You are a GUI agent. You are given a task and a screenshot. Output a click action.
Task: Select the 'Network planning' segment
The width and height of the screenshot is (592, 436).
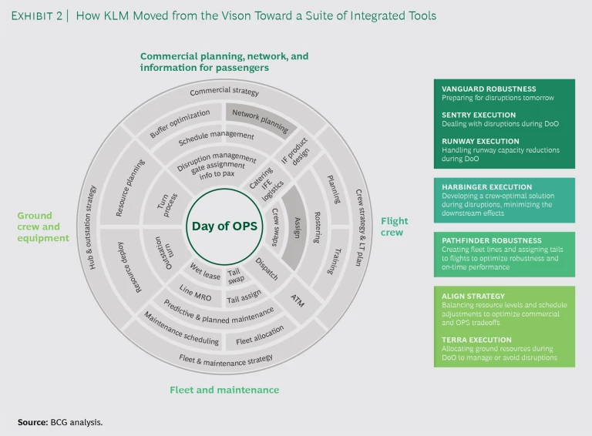pyautogui.click(x=261, y=119)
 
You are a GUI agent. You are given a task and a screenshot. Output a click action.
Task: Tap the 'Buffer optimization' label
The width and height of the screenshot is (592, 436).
pyautogui.click(x=180, y=124)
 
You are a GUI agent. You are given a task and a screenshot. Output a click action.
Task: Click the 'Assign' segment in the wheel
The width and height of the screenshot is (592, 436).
pyautogui.click(x=295, y=227)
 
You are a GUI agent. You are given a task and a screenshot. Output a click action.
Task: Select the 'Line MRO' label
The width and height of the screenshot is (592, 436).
pyautogui.click(x=196, y=292)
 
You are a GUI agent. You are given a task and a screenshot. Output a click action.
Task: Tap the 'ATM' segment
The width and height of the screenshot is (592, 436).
pyautogui.click(x=298, y=300)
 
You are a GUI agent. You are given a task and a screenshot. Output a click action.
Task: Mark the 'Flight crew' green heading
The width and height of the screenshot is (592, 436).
pyautogui.click(x=394, y=226)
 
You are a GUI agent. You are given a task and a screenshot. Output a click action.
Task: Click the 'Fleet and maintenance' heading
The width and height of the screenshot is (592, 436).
pyautogui.click(x=224, y=390)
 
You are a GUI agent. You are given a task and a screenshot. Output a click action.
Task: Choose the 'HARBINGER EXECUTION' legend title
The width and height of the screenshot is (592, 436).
pyautogui.click(x=486, y=187)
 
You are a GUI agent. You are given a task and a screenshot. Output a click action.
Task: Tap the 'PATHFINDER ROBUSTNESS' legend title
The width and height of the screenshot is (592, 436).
pyautogui.click(x=492, y=240)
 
